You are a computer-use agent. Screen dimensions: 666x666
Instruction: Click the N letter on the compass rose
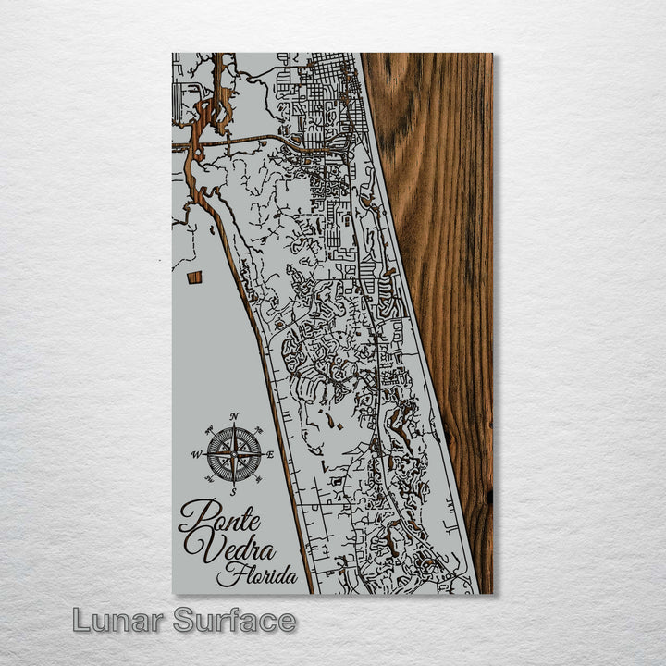tap(235, 415)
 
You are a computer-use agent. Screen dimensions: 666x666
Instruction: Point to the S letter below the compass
tap(236, 492)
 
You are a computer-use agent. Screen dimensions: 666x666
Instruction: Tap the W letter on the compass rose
tap(196, 455)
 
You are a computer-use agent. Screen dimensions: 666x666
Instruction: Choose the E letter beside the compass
tap(270, 454)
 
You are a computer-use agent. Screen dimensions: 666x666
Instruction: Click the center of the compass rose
tap(234, 454)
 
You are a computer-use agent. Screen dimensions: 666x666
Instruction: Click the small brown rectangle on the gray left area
tap(194, 277)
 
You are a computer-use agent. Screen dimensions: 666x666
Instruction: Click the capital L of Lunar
tap(81, 621)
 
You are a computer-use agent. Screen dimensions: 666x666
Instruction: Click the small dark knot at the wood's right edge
tap(488, 497)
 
